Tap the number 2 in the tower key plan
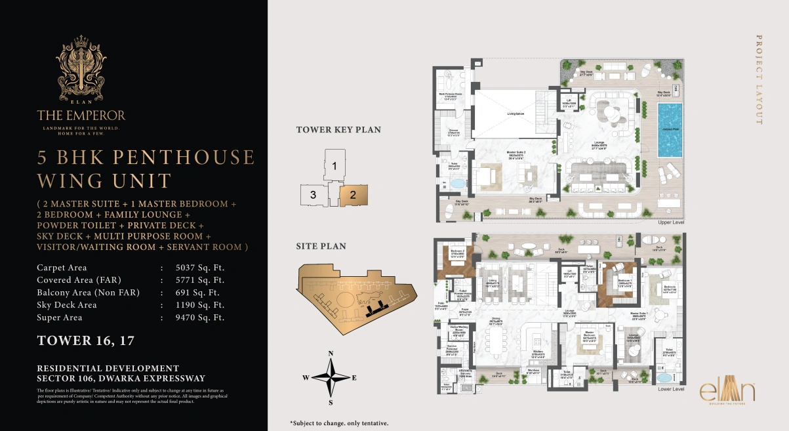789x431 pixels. point(353,194)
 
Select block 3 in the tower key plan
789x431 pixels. point(314,195)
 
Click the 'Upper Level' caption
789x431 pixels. point(672,223)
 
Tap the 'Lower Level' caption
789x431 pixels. point(671,389)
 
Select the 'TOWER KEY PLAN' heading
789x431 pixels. point(338,130)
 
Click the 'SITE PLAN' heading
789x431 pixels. point(321,247)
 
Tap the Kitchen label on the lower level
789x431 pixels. point(538,351)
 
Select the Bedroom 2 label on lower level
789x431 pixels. point(456,252)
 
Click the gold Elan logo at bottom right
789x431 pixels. point(727,391)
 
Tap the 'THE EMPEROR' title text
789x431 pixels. point(81,115)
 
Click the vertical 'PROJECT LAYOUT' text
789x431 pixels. point(759,79)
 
